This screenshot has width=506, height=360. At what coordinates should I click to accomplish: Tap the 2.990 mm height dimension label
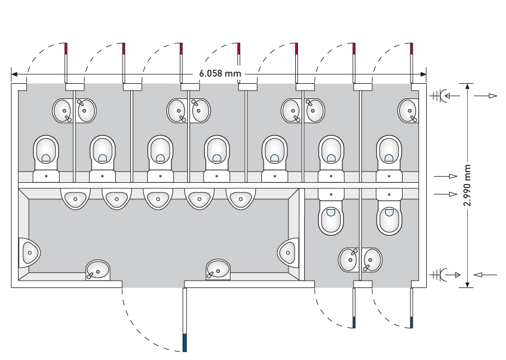tap(467, 186)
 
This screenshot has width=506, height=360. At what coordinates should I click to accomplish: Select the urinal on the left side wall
tap(29, 253)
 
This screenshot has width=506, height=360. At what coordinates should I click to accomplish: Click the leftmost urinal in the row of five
tap(74, 198)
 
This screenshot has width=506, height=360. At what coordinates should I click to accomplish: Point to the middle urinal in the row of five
tap(157, 198)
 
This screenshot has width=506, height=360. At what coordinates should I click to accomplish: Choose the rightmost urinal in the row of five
tap(241, 198)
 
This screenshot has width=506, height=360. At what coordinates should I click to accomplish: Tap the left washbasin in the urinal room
tap(98, 270)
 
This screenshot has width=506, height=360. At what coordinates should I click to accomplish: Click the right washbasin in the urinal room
tap(218, 269)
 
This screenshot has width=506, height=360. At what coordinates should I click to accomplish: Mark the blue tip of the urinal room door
tap(184, 343)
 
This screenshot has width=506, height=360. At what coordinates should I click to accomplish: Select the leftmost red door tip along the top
tap(66, 49)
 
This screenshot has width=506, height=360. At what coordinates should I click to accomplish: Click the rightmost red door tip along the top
tap(412, 49)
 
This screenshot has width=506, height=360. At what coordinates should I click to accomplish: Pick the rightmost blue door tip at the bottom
tap(412, 323)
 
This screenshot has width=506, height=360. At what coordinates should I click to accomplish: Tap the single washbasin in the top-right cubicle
tap(408, 110)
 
